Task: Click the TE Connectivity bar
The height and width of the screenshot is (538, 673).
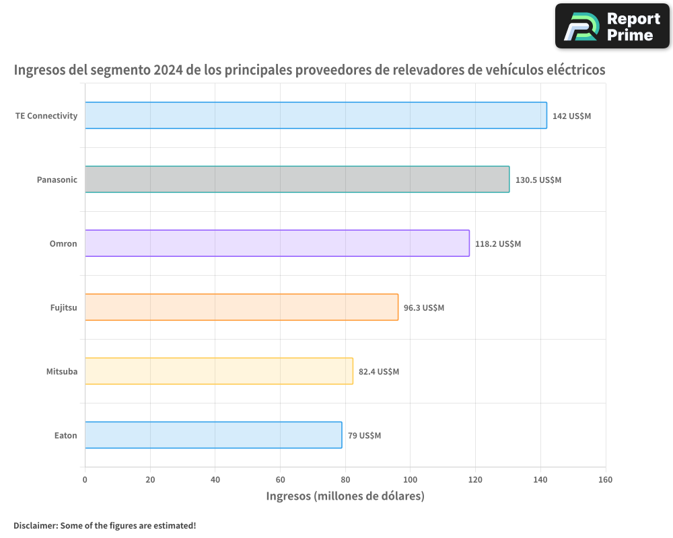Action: point(316,115)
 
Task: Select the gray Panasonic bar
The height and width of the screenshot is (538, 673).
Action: point(297,180)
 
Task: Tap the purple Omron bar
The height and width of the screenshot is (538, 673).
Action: point(277,243)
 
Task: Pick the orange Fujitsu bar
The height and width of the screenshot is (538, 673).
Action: point(242,307)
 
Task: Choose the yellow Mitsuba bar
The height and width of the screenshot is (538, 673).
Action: point(219,371)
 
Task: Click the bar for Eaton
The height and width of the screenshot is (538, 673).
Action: point(213,435)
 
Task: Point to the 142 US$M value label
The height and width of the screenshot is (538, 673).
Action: point(571,116)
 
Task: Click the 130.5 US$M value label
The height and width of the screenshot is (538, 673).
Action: point(538,180)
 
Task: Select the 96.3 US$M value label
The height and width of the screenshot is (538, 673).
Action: point(424,308)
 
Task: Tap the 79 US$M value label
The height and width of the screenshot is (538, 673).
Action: point(364,436)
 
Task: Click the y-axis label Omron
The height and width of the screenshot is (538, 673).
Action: point(63,243)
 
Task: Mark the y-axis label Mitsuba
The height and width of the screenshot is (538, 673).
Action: point(61,371)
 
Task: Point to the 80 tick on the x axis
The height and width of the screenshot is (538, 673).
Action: point(345,479)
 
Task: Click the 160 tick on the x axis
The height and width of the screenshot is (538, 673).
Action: point(605,479)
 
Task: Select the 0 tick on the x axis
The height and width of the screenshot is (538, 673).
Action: point(85,479)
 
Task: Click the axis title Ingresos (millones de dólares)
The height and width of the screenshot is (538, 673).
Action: point(345,496)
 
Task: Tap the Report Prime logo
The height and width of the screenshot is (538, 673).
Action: point(612,26)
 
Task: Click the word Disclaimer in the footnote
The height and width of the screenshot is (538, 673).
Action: point(34,525)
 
